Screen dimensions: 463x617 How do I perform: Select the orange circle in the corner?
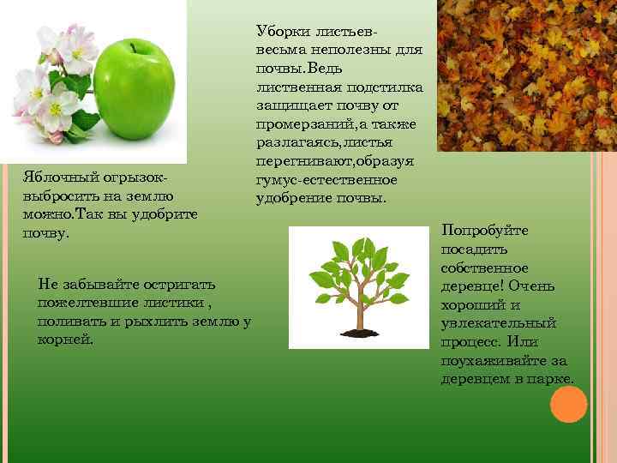tap(567, 405)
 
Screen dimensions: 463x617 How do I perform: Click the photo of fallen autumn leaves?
tap(526, 75)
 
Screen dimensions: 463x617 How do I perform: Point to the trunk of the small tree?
tap(359, 309)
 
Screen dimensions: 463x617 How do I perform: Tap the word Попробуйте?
tap(485, 231)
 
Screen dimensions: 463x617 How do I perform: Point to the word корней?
tap(64, 340)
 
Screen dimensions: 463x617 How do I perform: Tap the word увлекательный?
tap(499, 322)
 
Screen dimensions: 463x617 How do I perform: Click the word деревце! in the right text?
tap(476, 286)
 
